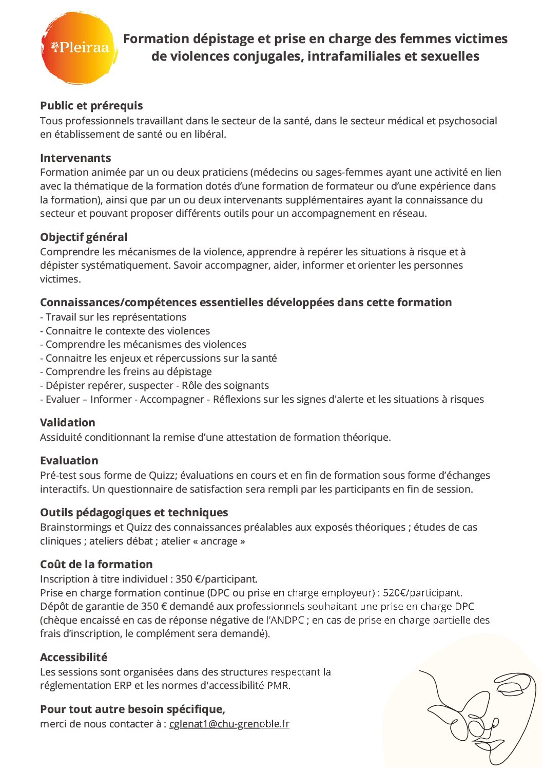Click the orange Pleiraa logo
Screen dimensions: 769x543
pyautogui.click(x=79, y=48)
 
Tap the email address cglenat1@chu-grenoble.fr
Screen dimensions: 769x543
pyautogui.click(x=229, y=724)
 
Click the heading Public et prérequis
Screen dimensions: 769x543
pyautogui.click(x=91, y=106)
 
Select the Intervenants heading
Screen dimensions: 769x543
pyautogui.click(x=75, y=158)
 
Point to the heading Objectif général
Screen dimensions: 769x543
pyautogui.click(x=84, y=237)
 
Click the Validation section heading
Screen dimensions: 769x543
pyautogui.click(x=68, y=423)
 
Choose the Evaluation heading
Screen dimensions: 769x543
pyautogui.click(x=69, y=461)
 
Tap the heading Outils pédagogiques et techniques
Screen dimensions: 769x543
pyautogui.click(x=134, y=513)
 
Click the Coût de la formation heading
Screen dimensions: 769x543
pyautogui.click(x=96, y=565)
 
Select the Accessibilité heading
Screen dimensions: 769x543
pyautogui.click(x=74, y=658)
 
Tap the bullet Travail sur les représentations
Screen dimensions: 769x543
pyautogui.click(x=115, y=317)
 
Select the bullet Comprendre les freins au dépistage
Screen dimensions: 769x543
pyautogui.click(x=128, y=371)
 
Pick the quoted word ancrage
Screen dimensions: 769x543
pyautogui.click(x=219, y=541)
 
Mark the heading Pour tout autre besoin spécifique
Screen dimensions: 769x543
pyautogui.click(x=132, y=709)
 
